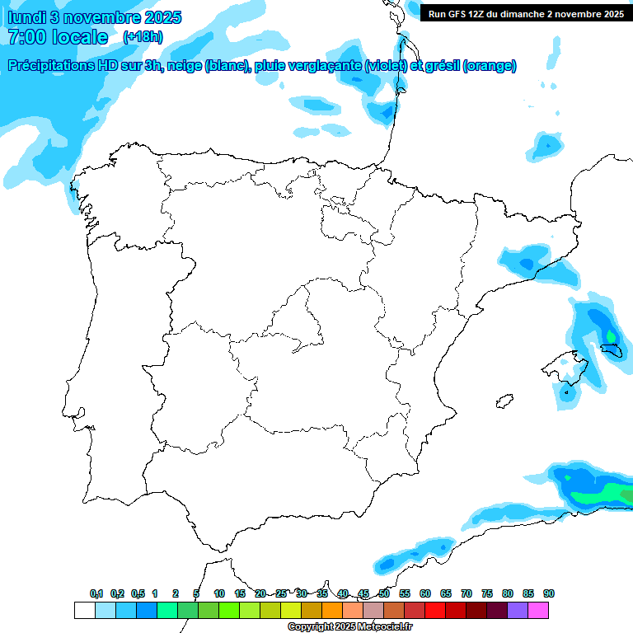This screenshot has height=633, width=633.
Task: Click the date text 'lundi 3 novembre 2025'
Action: point(95,17)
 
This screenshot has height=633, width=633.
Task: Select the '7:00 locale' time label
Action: point(58,37)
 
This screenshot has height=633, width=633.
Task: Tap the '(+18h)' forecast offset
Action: point(143,37)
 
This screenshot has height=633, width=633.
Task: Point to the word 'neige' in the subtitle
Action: point(188,66)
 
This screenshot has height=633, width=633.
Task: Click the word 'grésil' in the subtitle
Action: point(440,66)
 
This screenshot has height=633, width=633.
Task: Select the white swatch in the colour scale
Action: point(84,610)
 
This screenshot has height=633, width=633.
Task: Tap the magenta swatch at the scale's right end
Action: point(538,610)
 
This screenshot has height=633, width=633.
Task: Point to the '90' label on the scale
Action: point(548,594)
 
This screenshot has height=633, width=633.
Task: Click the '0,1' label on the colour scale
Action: point(96,594)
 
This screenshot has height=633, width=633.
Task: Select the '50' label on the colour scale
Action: point(384,594)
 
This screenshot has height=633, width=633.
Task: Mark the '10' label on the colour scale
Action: point(219,594)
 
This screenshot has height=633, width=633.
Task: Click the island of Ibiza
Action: point(501,401)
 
